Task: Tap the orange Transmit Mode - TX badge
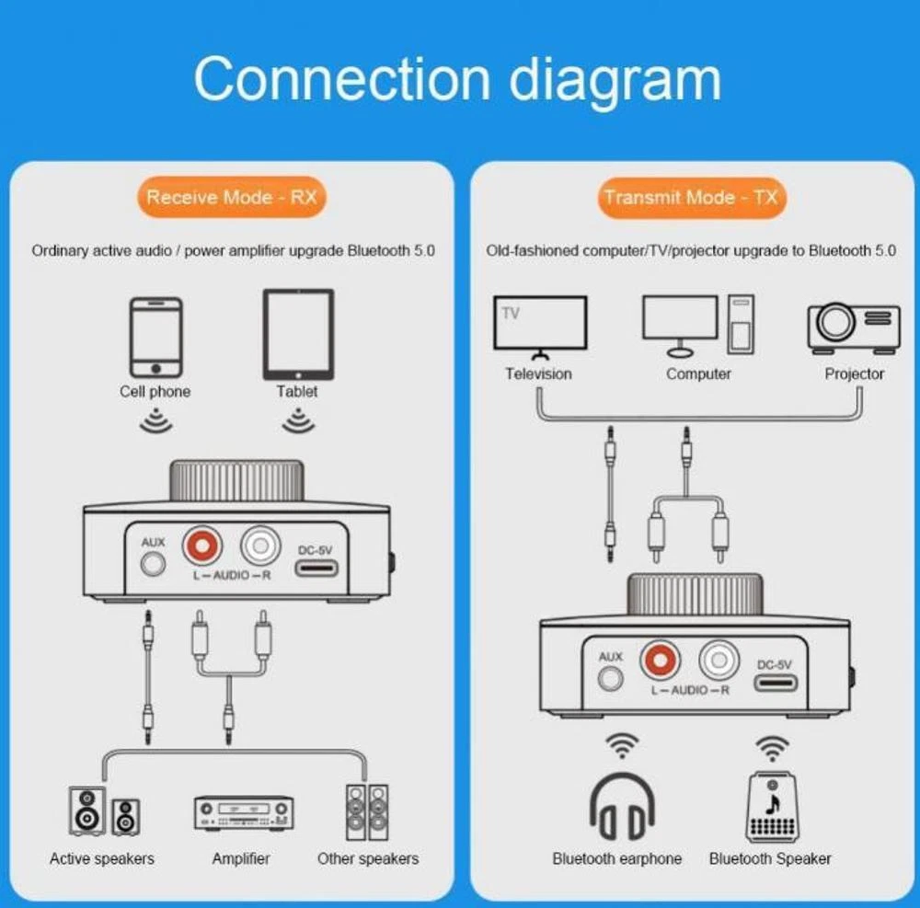(691, 197)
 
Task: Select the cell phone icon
(155, 337)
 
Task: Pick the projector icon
(853, 328)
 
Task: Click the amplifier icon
(243, 812)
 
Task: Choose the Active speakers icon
(103, 810)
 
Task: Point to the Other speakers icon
(366, 810)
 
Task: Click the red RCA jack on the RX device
(203, 546)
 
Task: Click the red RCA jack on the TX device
(659, 660)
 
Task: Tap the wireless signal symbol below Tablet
(297, 421)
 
